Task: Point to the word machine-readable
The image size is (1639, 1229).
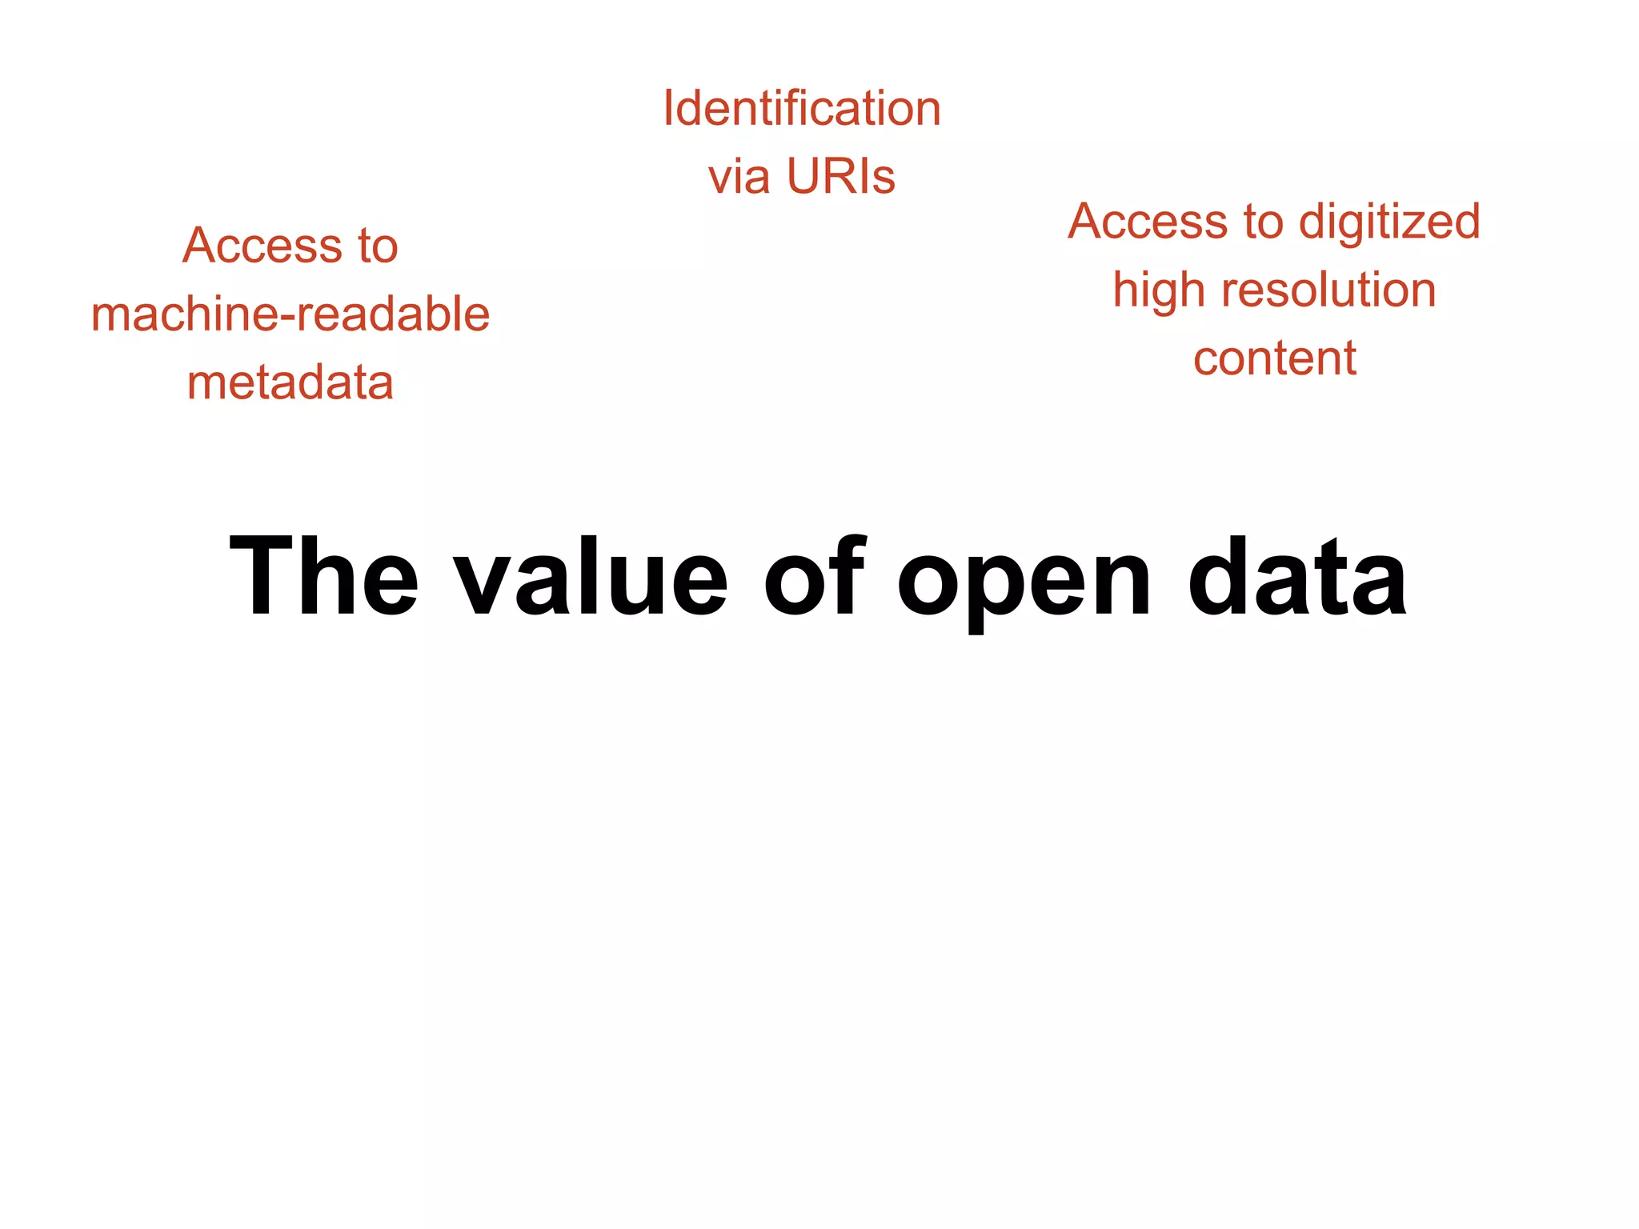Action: coord(291,314)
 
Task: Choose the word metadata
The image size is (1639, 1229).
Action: coord(291,382)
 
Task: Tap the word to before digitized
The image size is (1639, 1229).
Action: coord(1263,222)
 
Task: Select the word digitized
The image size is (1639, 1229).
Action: coord(1389,222)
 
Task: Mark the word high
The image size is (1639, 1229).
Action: coord(1160,290)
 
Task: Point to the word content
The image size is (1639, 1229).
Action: coord(1275,358)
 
